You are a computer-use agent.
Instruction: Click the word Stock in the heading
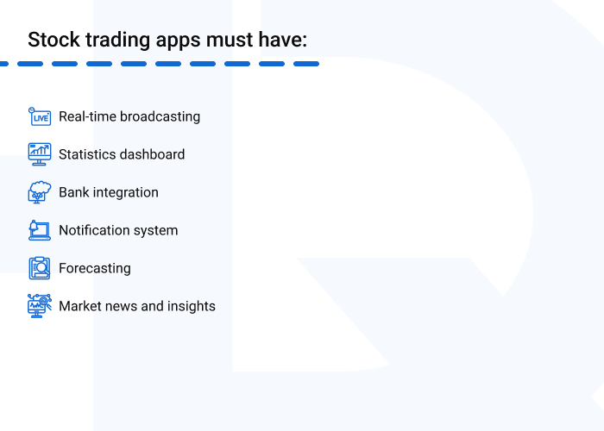[x=52, y=40]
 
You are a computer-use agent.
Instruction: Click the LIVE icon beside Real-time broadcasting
[x=40, y=116]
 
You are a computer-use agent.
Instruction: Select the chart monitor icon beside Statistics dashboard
[x=40, y=154]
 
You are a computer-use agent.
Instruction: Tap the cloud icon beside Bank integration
[x=40, y=192]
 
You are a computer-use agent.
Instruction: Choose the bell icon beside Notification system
[x=40, y=230]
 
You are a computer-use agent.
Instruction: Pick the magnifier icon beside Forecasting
[x=40, y=268]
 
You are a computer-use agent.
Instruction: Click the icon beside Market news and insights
[x=40, y=306]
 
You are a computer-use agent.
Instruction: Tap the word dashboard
[x=153, y=154]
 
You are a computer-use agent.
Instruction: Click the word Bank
[x=73, y=192]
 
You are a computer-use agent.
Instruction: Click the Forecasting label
[x=95, y=268]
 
